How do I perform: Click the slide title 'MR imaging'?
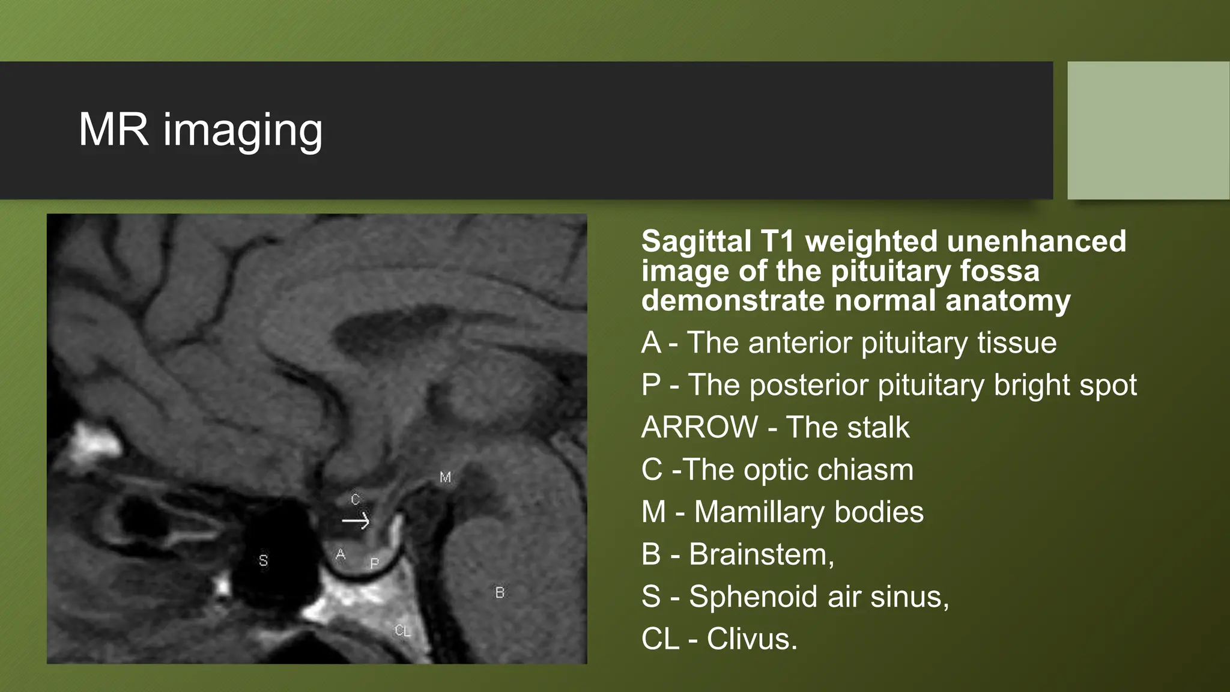[x=201, y=130]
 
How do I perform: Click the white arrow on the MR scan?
[x=356, y=521]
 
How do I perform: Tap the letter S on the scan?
[x=263, y=560]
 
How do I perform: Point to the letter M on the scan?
[x=445, y=478]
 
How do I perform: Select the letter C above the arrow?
[x=355, y=499]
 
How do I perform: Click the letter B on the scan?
[x=500, y=593]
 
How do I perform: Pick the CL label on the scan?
[x=402, y=631]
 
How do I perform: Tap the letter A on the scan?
[x=341, y=554]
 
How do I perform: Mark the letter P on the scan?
[x=375, y=563]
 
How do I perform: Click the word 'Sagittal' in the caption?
[x=695, y=241]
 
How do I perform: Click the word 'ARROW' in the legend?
[x=700, y=427]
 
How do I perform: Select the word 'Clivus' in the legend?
[x=751, y=639]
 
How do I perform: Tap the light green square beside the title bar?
[x=1148, y=130]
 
